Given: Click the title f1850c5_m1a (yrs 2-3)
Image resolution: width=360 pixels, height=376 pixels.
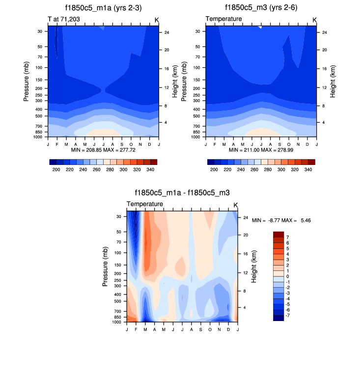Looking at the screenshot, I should pyautogui.click(x=103, y=7).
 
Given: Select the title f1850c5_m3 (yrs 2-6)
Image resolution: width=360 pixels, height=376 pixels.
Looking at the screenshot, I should pyautogui.click(x=261, y=7).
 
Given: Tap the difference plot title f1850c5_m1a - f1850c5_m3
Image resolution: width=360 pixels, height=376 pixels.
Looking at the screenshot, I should pyautogui.click(x=182, y=193).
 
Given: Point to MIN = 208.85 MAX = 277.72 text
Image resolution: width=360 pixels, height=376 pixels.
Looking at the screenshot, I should pyautogui.click(x=103, y=149).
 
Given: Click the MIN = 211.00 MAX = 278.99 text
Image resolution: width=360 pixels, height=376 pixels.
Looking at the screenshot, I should pyautogui.click(x=261, y=149).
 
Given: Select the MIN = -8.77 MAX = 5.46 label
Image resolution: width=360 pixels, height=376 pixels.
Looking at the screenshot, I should pyautogui.click(x=281, y=221).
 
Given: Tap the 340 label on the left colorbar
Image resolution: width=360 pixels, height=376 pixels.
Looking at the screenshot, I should pyautogui.click(x=151, y=169).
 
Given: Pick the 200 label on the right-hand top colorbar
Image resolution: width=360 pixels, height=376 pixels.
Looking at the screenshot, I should pyautogui.click(x=214, y=169).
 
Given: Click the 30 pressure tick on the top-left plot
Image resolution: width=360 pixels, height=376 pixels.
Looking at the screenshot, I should pyautogui.click(x=39, y=31).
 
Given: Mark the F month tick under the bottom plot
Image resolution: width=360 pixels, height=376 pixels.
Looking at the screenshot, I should pyautogui.click(x=137, y=328).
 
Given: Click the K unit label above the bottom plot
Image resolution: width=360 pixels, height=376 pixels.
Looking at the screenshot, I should pyautogui.click(x=236, y=205).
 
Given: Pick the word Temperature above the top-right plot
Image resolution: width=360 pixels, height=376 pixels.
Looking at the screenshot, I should pyautogui.click(x=223, y=19).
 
